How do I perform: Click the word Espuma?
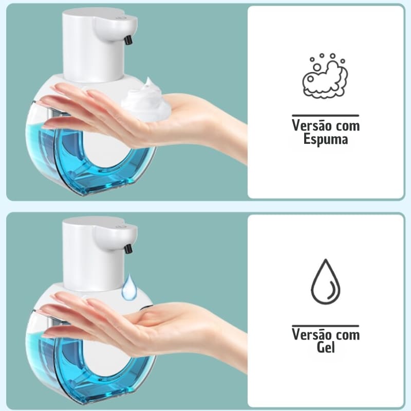click(326, 140)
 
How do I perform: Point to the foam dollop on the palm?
click(146, 100)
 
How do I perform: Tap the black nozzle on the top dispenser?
click(128, 40)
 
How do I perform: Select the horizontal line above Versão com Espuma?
click(326, 116)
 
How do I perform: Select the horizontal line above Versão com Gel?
click(326, 325)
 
